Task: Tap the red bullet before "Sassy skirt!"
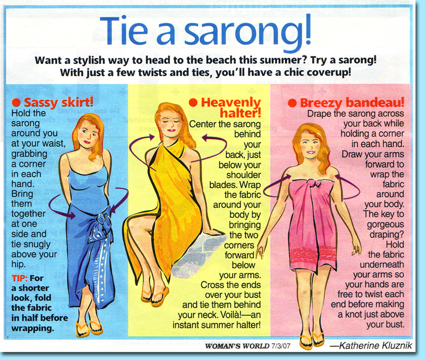click(16, 102)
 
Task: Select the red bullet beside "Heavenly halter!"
click(193, 102)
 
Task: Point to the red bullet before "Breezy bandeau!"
click(292, 103)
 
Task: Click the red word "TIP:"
click(19, 278)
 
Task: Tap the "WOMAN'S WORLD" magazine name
click(237, 346)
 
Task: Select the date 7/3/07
click(280, 346)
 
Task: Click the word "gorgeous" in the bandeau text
click(385, 224)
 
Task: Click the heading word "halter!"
click(240, 113)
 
